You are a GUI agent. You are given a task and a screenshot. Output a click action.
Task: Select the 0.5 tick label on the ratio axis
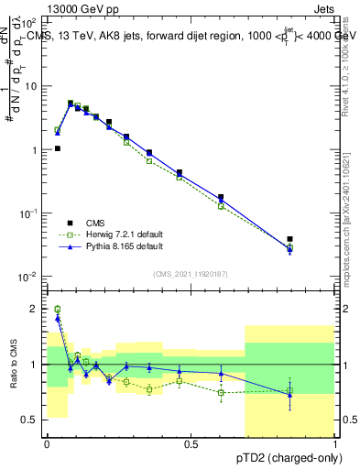pos(32,420)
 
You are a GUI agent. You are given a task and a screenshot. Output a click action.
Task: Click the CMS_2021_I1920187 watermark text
pos(191,274)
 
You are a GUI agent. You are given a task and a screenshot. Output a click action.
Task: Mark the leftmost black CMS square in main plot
pos(58,147)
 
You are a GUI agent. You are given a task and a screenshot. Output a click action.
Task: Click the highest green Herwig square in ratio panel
pos(58,310)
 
